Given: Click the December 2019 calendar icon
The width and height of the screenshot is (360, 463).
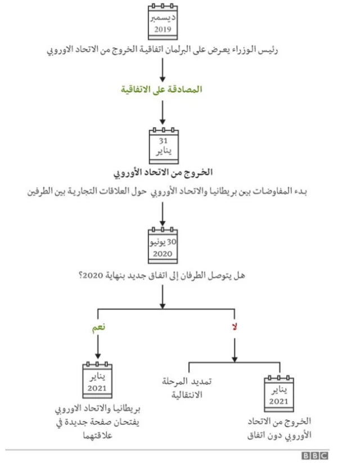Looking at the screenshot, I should [163, 21].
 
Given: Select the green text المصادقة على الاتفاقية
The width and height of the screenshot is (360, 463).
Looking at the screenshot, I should [162, 89].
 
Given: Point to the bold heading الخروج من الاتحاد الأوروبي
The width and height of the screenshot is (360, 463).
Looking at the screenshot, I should [162, 172].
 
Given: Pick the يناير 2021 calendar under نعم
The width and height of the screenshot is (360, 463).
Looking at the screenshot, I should [98, 381].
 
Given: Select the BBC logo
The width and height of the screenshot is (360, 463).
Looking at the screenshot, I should [315, 455].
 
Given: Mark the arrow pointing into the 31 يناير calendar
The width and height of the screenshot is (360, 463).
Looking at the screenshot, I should [162, 114].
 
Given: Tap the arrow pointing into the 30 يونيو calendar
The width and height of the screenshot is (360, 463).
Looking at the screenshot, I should [162, 214].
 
